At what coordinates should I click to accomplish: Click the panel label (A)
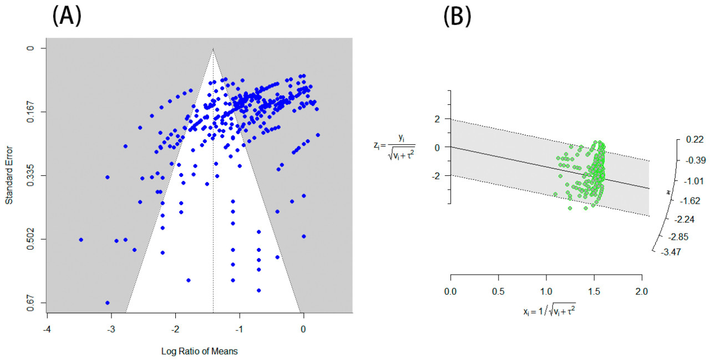(67, 17)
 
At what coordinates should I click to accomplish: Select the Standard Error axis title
(9, 175)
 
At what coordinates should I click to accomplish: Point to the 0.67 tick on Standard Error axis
(31, 302)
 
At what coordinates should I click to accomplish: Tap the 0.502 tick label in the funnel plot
(31, 239)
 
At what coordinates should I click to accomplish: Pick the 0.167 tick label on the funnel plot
(31, 112)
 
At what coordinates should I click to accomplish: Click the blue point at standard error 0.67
(107, 302)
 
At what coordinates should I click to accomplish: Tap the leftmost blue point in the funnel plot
(81, 240)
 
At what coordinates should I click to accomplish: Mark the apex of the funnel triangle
(213, 49)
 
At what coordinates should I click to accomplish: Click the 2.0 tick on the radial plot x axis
(642, 291)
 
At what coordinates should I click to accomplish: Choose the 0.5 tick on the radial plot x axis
(498, 291)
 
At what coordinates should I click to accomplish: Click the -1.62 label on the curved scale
(691, 200)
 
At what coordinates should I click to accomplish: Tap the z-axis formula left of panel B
(394, 148)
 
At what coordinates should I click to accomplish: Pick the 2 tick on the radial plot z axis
(438, 119)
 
